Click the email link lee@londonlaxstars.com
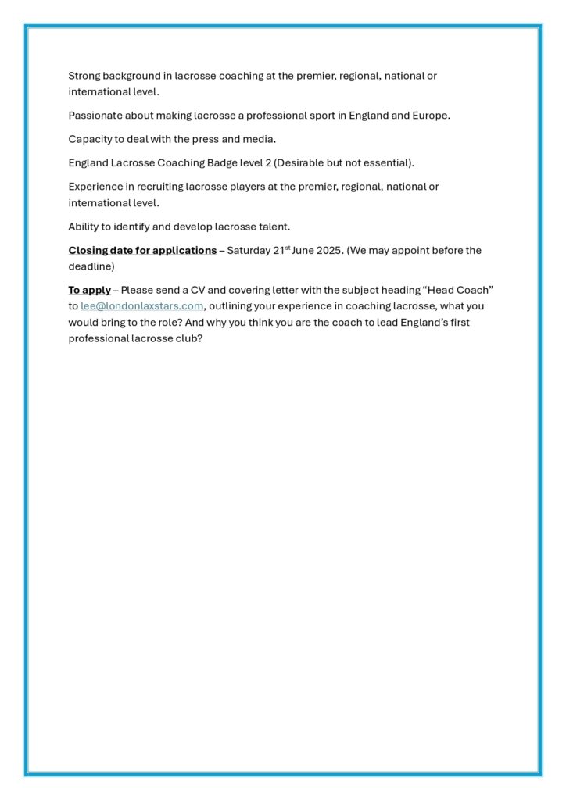[x=142, y=306]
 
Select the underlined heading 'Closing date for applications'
[x=142, y=250]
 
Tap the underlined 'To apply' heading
[x=89, y=290]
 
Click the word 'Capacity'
[x=90, y=139]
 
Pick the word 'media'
[x=260, y=139]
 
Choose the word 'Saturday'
[x=250, y=250]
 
